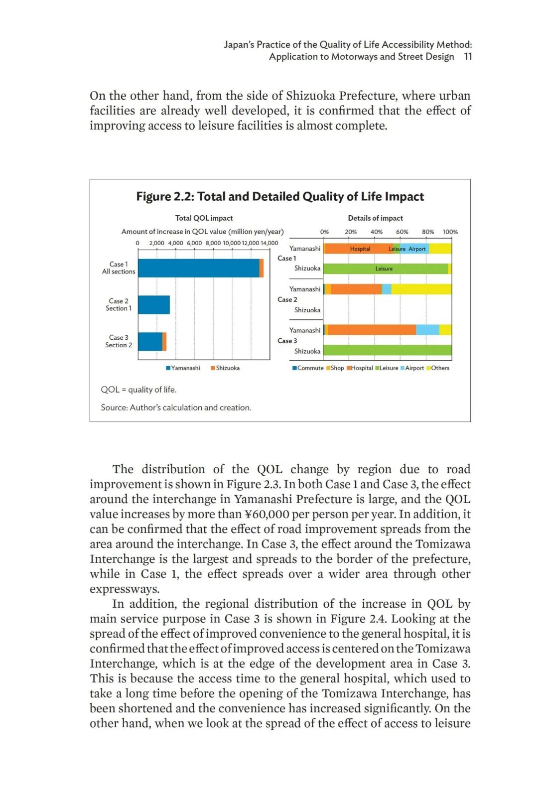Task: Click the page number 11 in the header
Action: [x=468, y=57]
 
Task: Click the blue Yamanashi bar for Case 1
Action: [x=198, y=268]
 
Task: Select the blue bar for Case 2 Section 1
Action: [x=154, y=305]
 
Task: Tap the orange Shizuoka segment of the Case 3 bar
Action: [x=164, y=342]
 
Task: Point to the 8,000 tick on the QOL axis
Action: [x=213, y=243]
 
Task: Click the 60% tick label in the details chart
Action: [x=402, y=232]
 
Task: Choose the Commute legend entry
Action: [x=308, y=368]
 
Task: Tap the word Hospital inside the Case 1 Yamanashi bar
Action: [x=360, y=249]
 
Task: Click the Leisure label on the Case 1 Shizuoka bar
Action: [x=384, y=269]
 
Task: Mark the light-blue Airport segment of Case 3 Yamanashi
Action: [x=427, y=330]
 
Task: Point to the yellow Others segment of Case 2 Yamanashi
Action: [x=421, y=289]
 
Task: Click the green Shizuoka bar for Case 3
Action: [x=387, y=351]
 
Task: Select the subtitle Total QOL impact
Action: [x=204, y=218]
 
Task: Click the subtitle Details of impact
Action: [x=375, y=218]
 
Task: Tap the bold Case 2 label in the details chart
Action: [x=287, y=299]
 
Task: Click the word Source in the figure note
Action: [x=114, y=407]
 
